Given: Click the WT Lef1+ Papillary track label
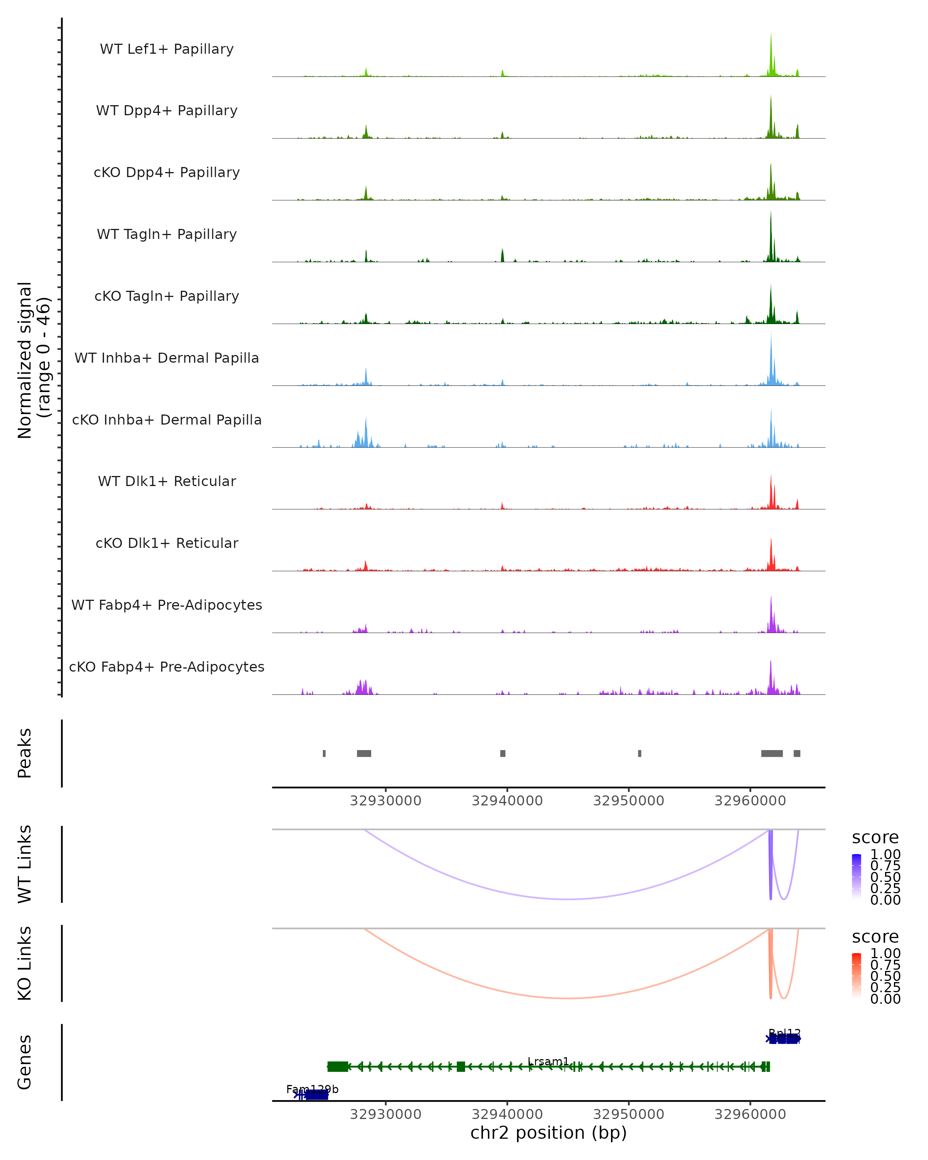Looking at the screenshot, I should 167,49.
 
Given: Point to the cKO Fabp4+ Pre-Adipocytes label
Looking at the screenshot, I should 167,667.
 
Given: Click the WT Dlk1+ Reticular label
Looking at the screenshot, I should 167,481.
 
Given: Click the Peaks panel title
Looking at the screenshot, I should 25,753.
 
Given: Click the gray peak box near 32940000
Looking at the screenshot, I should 502,753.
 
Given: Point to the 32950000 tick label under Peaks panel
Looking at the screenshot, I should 628,801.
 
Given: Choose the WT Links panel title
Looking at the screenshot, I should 25,864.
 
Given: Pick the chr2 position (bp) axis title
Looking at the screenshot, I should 548,1133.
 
